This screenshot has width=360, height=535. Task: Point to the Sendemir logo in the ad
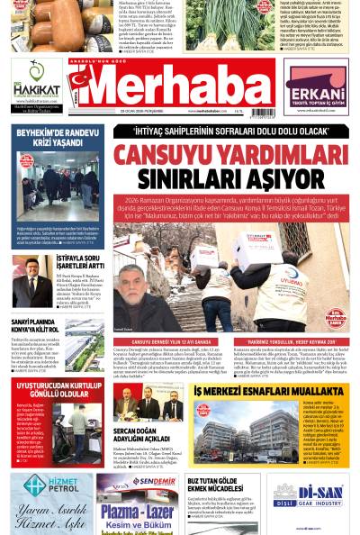(154, 481)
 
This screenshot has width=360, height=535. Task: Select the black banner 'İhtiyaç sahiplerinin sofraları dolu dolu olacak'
(230, 131)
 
